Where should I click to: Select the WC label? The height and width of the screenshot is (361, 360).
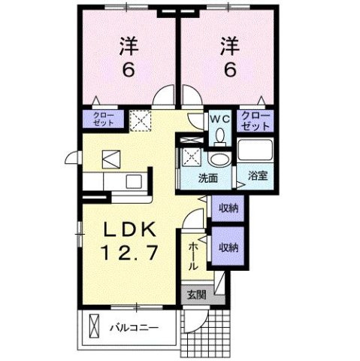click(x=219, y=120)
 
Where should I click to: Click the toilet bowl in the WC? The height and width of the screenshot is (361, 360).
click(x=220, y=136)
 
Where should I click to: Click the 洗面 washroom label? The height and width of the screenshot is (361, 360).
click(x=208, y=179)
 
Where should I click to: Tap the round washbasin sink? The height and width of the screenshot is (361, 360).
click(x=220, y=159)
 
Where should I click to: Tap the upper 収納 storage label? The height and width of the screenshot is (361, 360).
click(x=229, y=208)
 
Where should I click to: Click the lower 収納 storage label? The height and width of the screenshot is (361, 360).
click(x=229, y=247)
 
